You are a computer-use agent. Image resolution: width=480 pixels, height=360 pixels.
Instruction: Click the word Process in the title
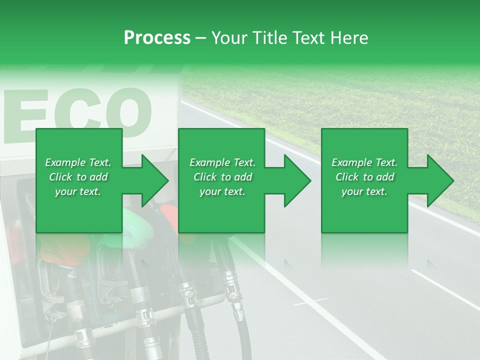pyautogui.click(x=157, y=38)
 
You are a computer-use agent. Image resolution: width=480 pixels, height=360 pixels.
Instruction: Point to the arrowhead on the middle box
pyautogui.click(x=295, y=180)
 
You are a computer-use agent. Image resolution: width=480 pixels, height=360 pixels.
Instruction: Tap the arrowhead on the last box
pyautogui.click(x=438, y=180)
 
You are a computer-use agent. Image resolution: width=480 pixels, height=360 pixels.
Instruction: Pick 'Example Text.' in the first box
pyautogui.click(x=78, y=162)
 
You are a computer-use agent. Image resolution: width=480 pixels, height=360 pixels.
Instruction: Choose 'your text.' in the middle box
pyautogui.click(x=222, y=192)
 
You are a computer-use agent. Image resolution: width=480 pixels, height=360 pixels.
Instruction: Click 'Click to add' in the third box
pyautogui.click(x=364, y=177)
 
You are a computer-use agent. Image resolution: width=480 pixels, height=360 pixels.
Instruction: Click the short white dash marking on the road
pyautogui.click(x=310, y=302)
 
